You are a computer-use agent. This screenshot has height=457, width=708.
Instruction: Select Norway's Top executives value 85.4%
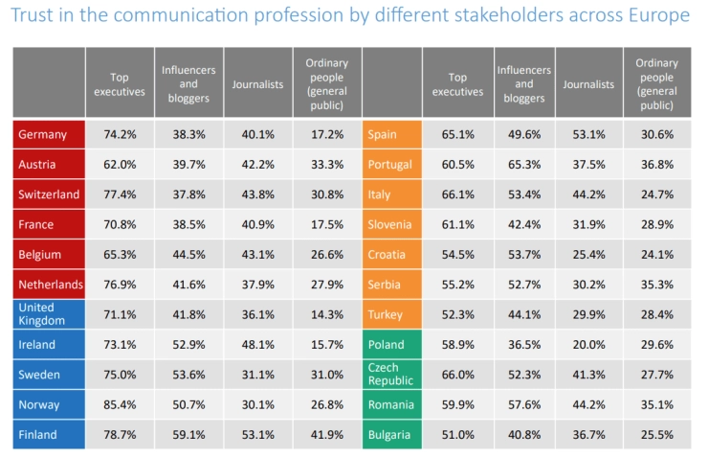pyautogui.click(x=120, y=404)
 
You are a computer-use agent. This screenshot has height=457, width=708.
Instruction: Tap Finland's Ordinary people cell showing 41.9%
pyautogui.click(x=326, y=434)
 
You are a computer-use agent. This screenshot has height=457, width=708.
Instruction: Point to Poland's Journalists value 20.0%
pyautogui.click(x=587, y=345)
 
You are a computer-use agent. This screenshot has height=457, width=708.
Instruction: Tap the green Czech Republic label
pyautogui.click(x=391, y=374)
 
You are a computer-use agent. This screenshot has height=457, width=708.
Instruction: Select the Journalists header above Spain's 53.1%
pyautogui.click(x=587, y=84)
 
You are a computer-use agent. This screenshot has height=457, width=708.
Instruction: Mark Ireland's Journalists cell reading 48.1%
pyautogui.click(x=257, y=345)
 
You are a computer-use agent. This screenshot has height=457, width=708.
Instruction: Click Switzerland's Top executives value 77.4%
pyautogui.click(x=120, y=194)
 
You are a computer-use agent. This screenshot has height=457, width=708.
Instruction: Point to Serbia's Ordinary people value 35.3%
pyautogui.click(x=655, y=285)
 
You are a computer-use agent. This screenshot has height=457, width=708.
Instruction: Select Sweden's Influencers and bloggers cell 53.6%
pyautogui.click(x=188, y=375)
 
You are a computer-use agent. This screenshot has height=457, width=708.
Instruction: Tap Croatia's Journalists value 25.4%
pyautogui.click(x=587, y=255)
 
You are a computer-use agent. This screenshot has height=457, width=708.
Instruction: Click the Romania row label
pyautogui.click(x=391, y=404)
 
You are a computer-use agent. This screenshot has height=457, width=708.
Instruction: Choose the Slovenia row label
pyautogui.click(x=391, y=224)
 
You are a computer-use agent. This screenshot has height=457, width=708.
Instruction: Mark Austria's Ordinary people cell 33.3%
pyautogui.click(x=326, y=165)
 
